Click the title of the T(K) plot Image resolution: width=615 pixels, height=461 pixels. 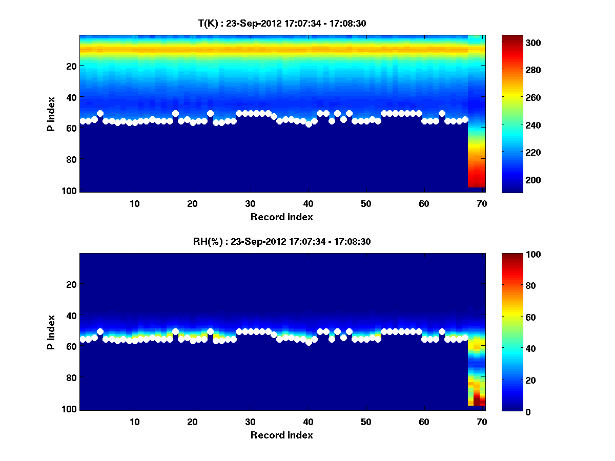click(282, 23)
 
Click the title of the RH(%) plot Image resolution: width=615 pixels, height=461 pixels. click(282, 241)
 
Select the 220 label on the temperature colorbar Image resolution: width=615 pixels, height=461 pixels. click(517, 153)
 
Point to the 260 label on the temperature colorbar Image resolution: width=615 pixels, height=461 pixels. click(517, 97)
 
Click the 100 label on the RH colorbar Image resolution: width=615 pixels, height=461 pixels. click(517, 255)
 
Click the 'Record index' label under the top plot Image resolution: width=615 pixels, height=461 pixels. click(282, 217)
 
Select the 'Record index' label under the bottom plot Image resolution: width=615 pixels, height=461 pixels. click(282, 435)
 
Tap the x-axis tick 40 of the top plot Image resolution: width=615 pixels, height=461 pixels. click(308, 203)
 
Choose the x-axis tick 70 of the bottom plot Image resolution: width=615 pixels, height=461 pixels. click(482, 421)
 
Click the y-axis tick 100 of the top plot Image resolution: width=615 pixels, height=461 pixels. click(70, 191)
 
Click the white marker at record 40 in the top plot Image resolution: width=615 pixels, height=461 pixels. click(309, 124)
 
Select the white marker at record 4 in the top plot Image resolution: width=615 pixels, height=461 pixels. click(100, 113)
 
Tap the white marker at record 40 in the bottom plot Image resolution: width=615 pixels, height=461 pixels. click(309, 342)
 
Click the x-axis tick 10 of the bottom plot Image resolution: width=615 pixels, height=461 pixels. click(134, 421)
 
